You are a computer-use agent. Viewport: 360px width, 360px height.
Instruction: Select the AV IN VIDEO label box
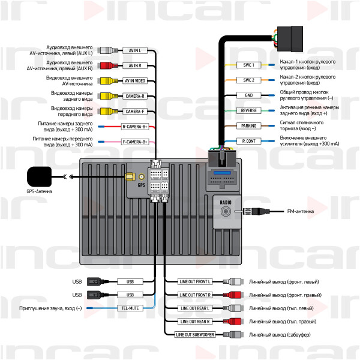pyautogui.click(x=135, y=80)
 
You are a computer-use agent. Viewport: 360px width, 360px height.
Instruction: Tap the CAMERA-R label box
pyautogui.click(x=135, y=96)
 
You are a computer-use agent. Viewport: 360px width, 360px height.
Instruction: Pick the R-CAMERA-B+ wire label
pyautogui.click(x=135, y=127)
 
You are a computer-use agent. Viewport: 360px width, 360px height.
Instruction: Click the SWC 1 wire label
pyautogui.click(x=248, y=65)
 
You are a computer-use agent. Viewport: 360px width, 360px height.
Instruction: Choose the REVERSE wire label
pyautogui.click(x=248, y=110)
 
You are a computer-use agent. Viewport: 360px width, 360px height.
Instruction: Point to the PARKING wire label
pyautogui.click(x=248, y=126)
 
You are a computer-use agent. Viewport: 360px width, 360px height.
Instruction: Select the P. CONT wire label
pyautogui.click(x=248, y=141)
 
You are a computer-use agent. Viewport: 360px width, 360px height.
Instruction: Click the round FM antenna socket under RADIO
pyautogui.click(x=226, y=211)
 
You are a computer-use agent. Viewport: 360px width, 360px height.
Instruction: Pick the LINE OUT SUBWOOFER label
pyautogui.click(x=194, y=334)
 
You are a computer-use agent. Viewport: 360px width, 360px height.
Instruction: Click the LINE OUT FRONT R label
pyautogui.click(x=196, y=295)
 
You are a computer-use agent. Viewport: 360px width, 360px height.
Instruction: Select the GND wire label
pyautogui.click(x=248, y=95)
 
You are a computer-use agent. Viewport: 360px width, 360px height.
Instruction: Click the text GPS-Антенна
pyautogui.click(x=40, y=191)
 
